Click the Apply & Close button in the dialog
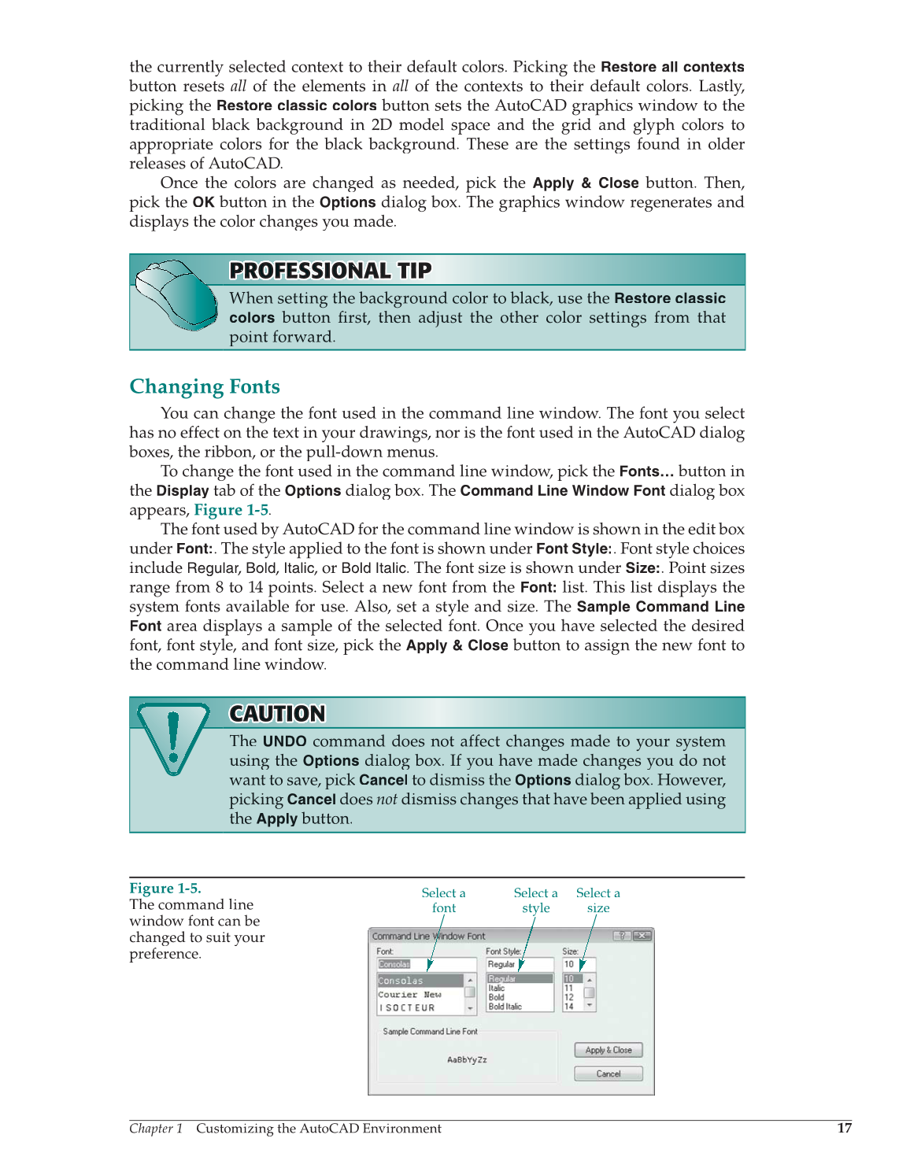[609, 1050]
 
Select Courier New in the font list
[409, 995]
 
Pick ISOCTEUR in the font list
[407, 1007]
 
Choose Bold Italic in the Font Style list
[505, 1007]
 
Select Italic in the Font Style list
[497, 988]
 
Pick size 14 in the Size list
[569, 1007]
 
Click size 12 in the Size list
[569, 997]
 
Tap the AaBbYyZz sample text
[467, 1059]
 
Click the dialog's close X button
[642, 936]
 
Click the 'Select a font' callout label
[443, 900]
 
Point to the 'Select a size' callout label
[597, 900]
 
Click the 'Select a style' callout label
[535, 900]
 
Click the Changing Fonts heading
[205, 386]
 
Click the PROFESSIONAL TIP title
[331, 271]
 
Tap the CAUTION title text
[277, 714]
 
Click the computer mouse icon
[176, 295]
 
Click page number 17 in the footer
[844, 1128]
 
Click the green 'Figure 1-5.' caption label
[165, 888]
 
